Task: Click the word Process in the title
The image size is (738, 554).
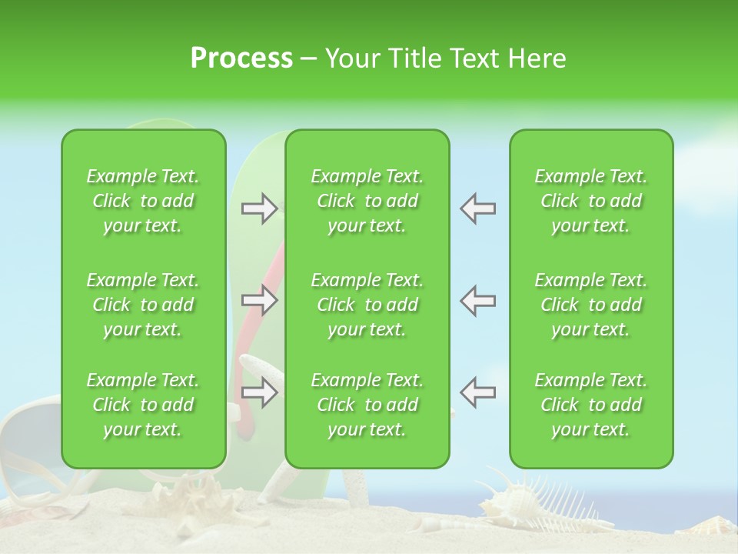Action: coord(241,58)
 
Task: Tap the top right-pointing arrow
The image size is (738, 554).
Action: coord(260,209)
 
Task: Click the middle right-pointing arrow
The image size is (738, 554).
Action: coord(260,300)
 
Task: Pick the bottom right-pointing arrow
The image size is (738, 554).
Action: coord(260,393)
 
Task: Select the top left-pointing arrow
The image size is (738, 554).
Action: coord(477,209)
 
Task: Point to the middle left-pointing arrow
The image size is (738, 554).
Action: coord(477,300)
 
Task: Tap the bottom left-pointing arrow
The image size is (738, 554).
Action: coord(477,393)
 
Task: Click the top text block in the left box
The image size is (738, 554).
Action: coord(143,201)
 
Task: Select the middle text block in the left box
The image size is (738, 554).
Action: coord(143,305)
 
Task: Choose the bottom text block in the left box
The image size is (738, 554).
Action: coord(143,405)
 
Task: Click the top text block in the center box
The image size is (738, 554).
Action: coord(367,201)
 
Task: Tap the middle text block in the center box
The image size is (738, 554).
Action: coord(367,305)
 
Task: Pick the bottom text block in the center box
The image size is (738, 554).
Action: coord(367,405)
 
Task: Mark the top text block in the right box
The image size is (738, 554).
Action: coord(590,201)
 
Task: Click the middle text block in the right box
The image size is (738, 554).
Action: coord(590,305)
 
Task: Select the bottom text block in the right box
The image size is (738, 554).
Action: coord(590,405)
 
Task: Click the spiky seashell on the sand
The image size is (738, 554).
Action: coord(538,500)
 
